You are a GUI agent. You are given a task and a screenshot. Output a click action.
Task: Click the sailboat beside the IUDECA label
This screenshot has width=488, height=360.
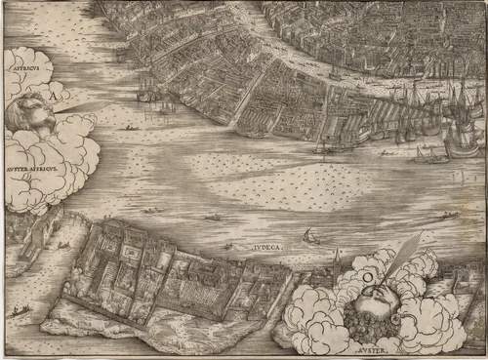point(310,236)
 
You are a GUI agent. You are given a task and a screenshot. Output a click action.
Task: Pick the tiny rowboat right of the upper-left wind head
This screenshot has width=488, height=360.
point(130,127)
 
